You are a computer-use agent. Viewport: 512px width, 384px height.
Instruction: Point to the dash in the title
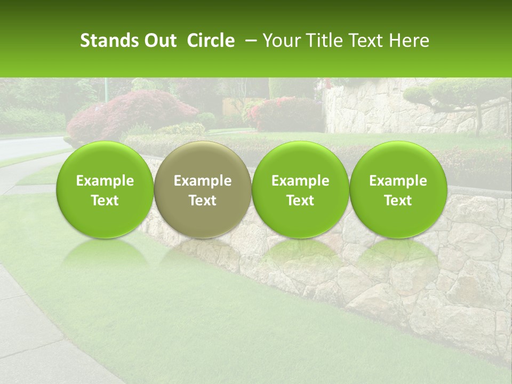tap(249, 41)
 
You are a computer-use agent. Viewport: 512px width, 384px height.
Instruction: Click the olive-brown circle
tap(203, 189)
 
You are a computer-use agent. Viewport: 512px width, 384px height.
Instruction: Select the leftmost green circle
tap(105, 189)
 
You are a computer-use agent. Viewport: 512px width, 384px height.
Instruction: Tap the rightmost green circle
tap(398, 189)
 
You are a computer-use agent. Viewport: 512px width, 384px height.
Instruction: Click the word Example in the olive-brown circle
tap(203, 181)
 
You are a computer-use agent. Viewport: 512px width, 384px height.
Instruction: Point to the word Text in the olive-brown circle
tap(203, 201)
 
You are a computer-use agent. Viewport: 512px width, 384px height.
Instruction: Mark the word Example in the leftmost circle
tap(105, 181)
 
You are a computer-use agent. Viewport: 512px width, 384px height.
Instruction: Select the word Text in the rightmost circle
tap(398, 201)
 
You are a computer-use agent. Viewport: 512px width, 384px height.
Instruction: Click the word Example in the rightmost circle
tap(398, 181)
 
